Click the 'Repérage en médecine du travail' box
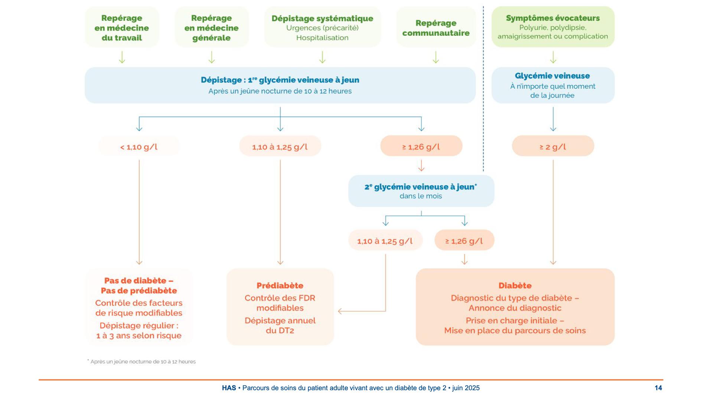(x=122, y=28)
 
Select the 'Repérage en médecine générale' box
(x=211, y=28)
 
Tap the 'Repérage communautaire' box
(x=436, y=28)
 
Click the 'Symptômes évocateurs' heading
(x=553, y=18)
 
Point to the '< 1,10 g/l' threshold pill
(x=139, y=147)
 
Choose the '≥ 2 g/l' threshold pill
(x=553, y=147)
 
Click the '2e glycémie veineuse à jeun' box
(x=421, y=191)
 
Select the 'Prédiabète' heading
(x=280, y=285)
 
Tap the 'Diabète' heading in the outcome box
(x=515, y=285)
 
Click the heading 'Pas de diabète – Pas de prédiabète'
(x=139, y=285)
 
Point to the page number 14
(x=658, y=388)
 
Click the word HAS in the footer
(x=229, y=388)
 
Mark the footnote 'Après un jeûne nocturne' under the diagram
(x=143, y=362)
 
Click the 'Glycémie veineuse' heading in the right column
(x=552, y=76)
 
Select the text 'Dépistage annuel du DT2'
(x=280, y=326)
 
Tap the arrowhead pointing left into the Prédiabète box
(x=340, y=311)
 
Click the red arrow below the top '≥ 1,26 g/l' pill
(x=421, y=166)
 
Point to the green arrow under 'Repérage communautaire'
(x=436, y=57)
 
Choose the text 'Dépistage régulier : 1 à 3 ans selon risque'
(x=139, y=330)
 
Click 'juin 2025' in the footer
(x=466, y=388)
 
